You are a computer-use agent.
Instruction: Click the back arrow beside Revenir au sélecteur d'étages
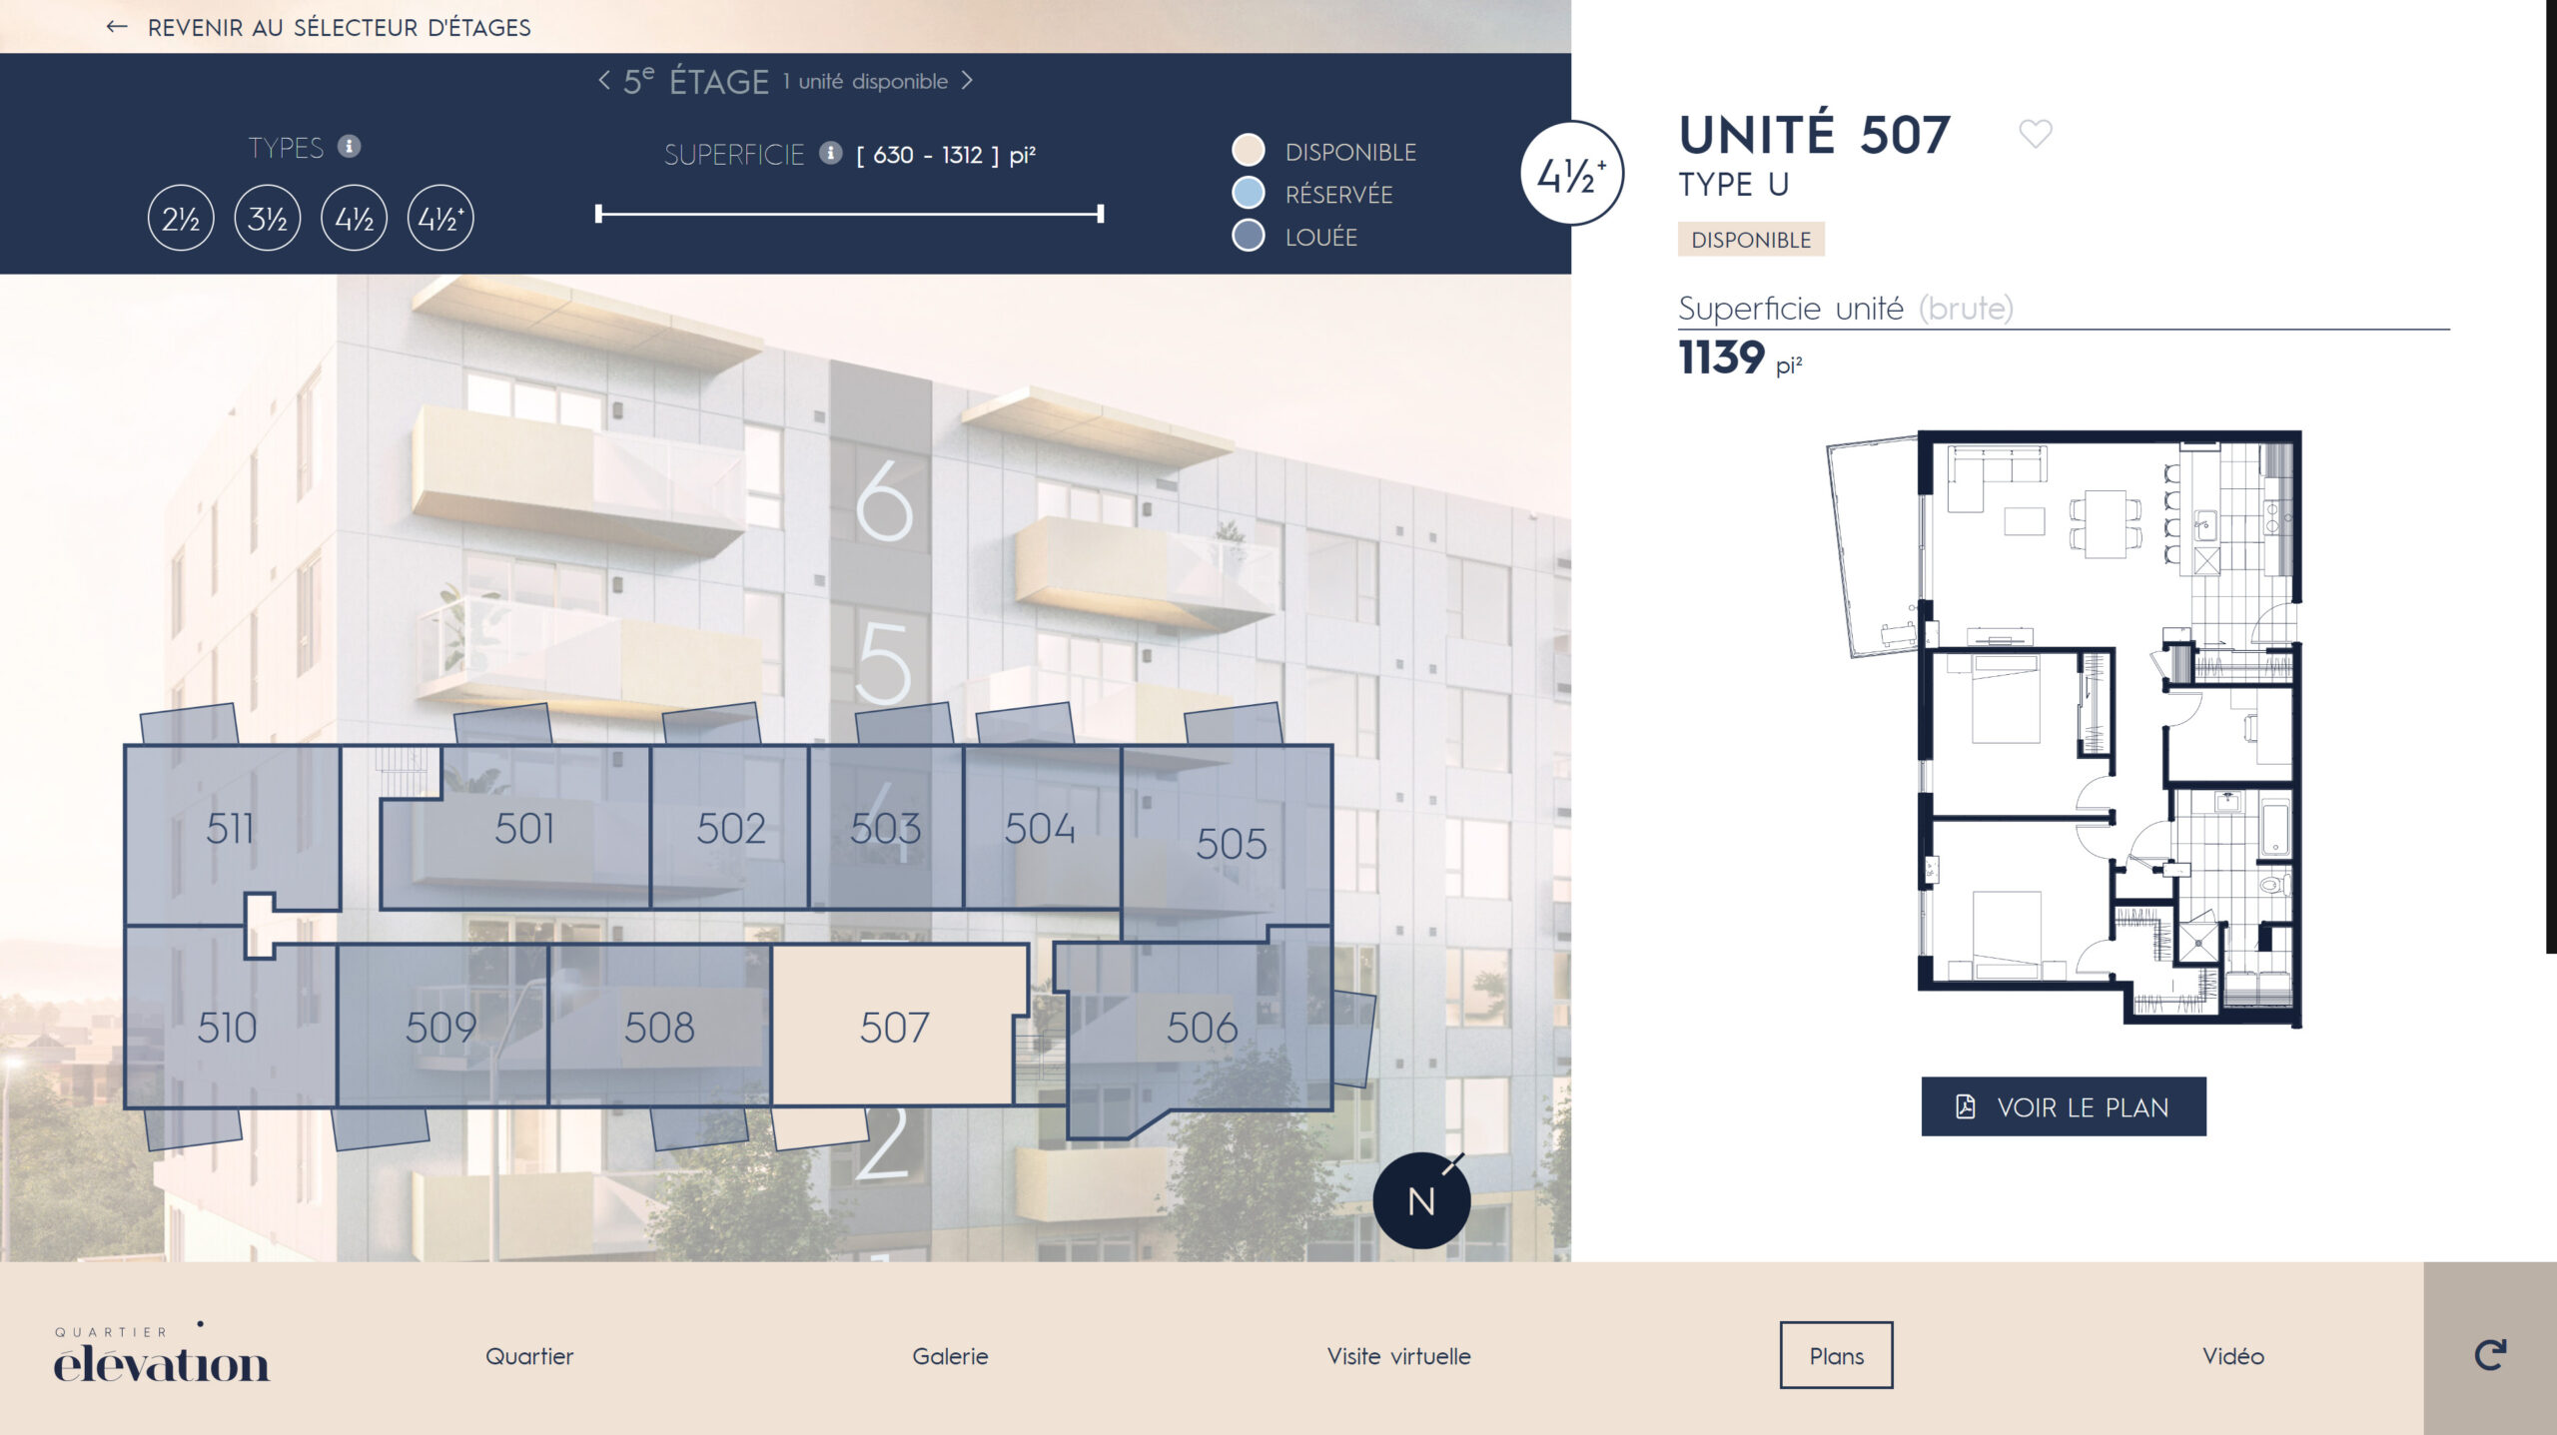[117, 27]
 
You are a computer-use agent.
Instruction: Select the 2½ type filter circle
[181, 218]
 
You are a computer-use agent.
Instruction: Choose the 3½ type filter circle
[268, 218]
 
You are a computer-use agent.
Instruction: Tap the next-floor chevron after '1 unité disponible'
[967, 80]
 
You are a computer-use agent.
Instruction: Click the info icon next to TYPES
[349, 147]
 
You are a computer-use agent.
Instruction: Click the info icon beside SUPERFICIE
[830, 153]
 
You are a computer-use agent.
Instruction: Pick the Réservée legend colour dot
[1249, 193]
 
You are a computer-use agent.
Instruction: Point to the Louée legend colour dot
[1249, 236]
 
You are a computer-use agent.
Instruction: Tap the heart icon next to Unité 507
[2036, 133]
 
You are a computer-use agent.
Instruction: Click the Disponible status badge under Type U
[1751, 240]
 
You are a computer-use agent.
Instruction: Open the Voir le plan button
[2064, 1106]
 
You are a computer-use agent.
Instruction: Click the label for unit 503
[885, 829]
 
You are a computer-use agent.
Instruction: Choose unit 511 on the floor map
[231, 829]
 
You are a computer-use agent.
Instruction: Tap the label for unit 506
[1203, 1028]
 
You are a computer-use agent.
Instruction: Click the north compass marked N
[1421, 1200]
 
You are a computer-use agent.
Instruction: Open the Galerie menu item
[950, 1356]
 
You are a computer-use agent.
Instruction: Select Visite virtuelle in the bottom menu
[1398, 1356]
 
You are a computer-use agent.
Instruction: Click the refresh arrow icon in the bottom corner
[2490, 1354]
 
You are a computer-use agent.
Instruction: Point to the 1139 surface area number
[1721, 358]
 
